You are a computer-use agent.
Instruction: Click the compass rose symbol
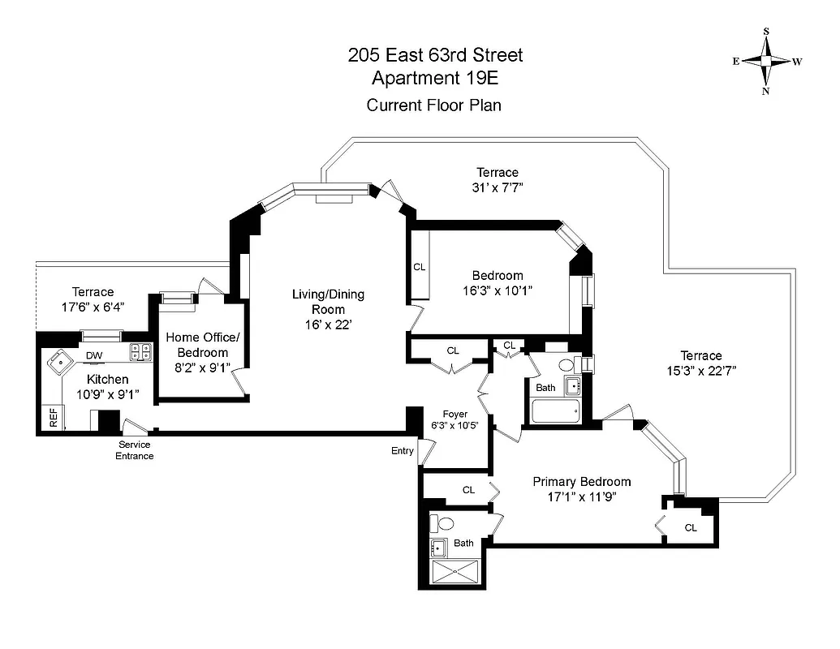point(766,61)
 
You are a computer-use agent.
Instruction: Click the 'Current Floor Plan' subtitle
point(434,105)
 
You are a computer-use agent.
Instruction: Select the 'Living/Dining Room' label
point(328,308)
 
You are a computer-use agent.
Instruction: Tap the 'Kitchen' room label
point(108,379)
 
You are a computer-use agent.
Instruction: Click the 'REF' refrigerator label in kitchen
point(54,417)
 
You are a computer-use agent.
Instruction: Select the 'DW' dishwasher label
point(94,355)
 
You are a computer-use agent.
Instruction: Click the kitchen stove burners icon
point(140,352)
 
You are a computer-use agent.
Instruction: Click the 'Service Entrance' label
point(135,450)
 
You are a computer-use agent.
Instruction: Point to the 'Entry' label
point(402,451)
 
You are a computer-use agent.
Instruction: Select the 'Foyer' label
point(454,414)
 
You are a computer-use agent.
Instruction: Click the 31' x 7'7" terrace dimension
point(497,188)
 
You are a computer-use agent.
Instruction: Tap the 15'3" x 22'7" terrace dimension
point(700,371)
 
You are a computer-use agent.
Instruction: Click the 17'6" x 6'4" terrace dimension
point(93,307)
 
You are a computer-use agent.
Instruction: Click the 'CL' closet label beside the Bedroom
point(419,266)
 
